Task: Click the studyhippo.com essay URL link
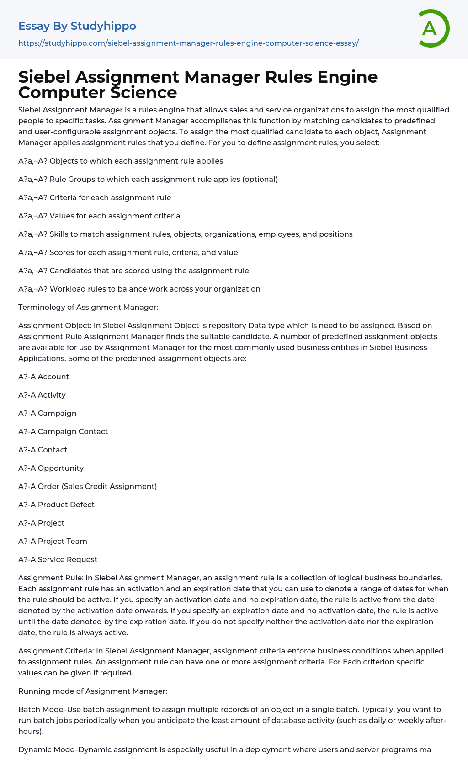click(x=188, y=43)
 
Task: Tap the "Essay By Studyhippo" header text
click(x=77, y=26)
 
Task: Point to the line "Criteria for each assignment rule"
click(x=110, y=197)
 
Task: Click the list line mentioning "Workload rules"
click(x=155, y=289)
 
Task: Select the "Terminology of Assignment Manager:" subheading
click(x=88, y=307)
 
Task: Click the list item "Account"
click(x=53, y=377)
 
